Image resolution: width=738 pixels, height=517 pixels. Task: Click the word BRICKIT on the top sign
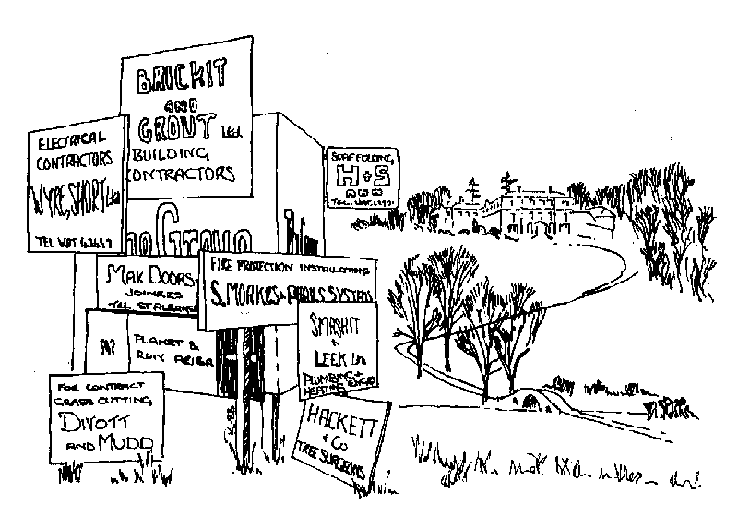[x=184, y=83]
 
